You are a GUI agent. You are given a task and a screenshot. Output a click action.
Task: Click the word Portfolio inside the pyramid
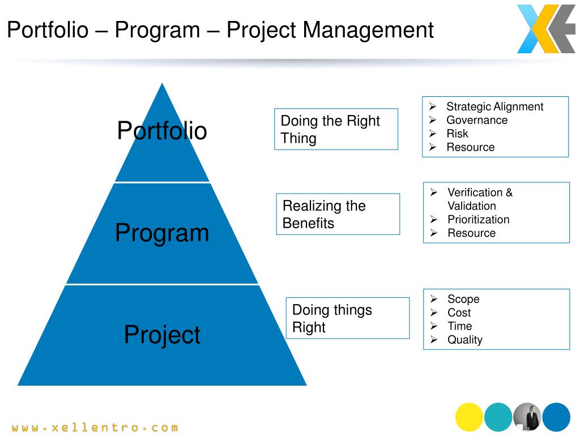tap(162, 130)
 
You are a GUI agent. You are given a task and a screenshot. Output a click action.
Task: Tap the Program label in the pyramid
tap(162, 233)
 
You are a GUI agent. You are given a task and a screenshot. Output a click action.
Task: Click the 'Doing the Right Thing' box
tap(336, 129)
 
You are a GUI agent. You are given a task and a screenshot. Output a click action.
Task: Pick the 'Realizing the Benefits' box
tap(338, 214)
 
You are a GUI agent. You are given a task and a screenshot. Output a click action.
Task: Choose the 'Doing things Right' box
tap(348, 318)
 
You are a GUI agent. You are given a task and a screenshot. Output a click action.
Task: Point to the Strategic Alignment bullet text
tap(494, 106)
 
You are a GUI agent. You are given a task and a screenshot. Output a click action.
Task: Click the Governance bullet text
tap(477, 120)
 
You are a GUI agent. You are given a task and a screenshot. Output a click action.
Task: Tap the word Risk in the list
tap(457, 134)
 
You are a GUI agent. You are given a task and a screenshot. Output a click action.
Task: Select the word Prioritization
tap(478, 219)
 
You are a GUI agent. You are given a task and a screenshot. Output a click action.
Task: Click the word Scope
tap(463, 299)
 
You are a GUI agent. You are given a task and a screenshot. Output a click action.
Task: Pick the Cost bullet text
tap(459, 313)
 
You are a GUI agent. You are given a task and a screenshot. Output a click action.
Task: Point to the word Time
tap(460, 326)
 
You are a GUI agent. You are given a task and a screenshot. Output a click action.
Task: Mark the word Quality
tap(465, 340)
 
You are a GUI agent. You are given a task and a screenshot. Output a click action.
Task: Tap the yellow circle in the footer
tap(469, 417)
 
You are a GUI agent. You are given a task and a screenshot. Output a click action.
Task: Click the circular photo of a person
tap(527, 417)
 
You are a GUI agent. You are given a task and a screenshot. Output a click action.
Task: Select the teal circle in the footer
tap(498, 417)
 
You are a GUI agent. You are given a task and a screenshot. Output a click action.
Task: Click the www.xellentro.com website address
tap(95, 428)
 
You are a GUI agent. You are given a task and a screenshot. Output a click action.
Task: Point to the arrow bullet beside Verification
tap(434, 193)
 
